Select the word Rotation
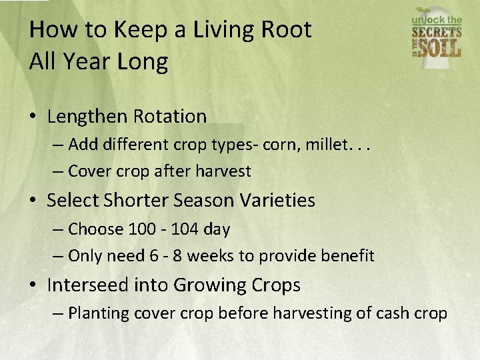[170, 117]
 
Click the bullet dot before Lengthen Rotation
[33, 117]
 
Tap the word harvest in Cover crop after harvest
[223, 171]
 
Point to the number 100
[141, 229]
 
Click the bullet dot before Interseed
[33, 285]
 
